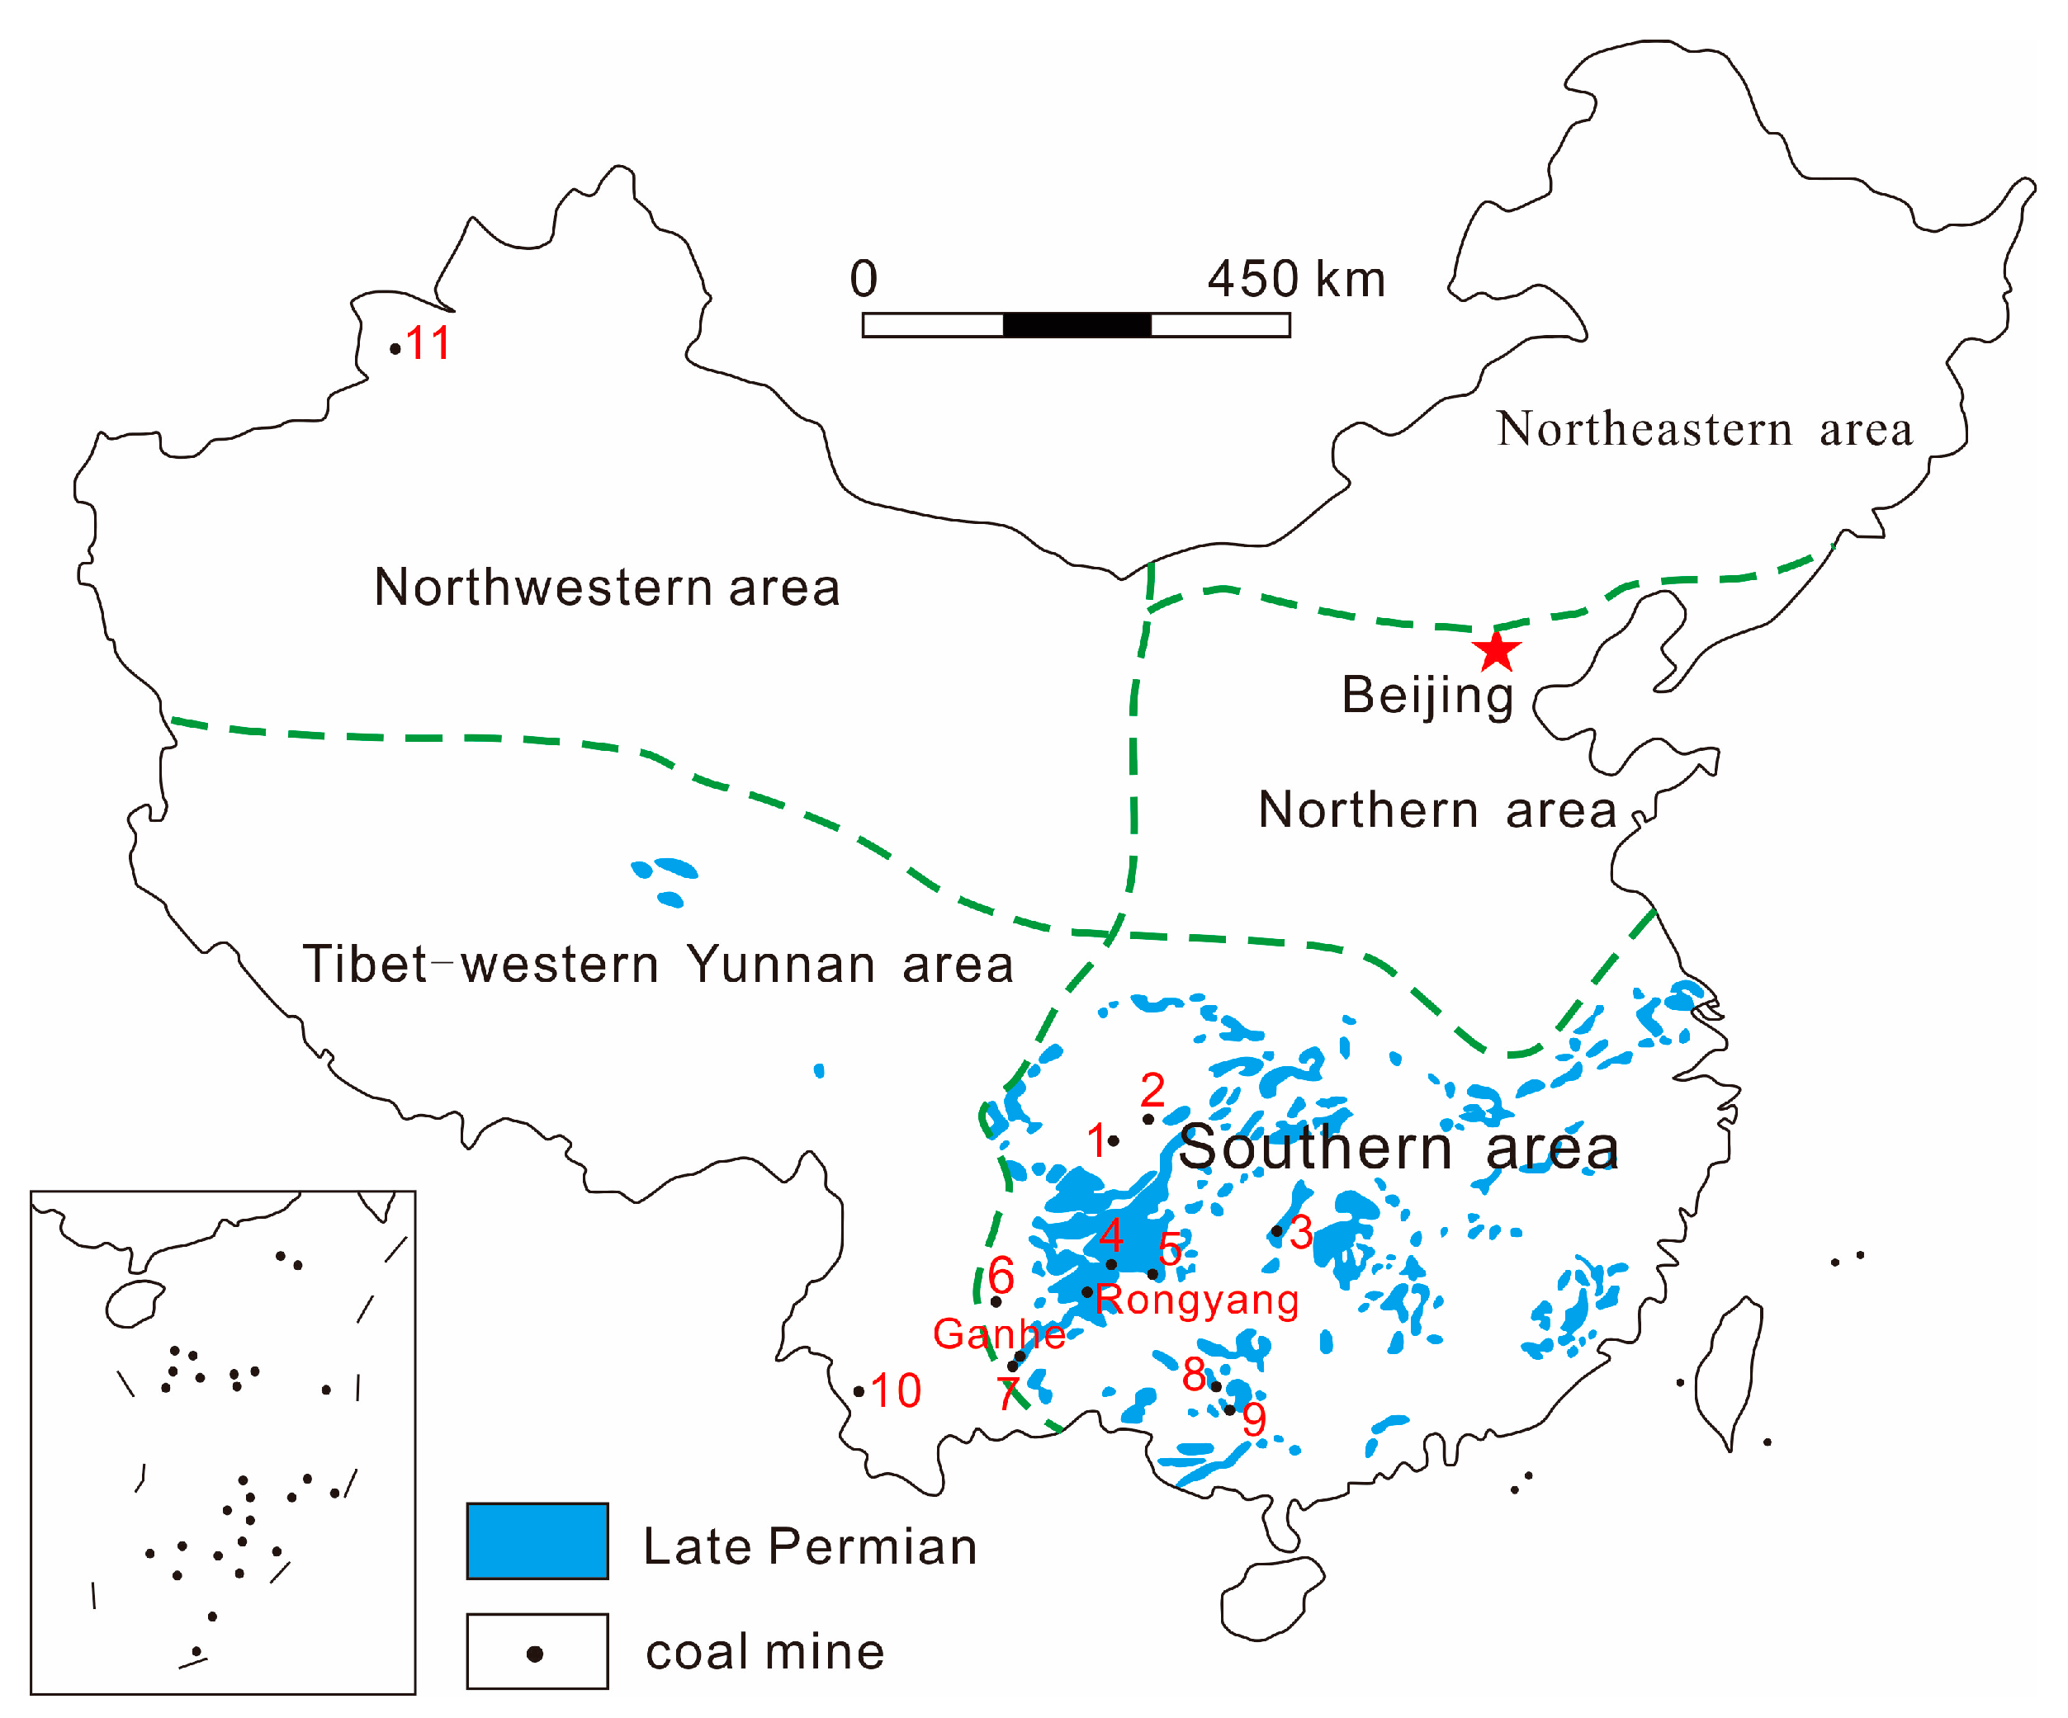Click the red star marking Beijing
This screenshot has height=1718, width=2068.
[1496, 652]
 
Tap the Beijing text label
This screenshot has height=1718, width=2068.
[1427, 695]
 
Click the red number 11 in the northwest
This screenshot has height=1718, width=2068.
[428, 343]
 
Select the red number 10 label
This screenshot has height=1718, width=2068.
[895, 1390]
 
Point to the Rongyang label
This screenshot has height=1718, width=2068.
[1196, 1300]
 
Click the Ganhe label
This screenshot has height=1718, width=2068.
[999, 1334]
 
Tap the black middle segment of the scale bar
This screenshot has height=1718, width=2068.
[1077, 325]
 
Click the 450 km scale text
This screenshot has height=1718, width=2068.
[1296, 280]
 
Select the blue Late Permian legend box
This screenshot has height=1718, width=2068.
[537, 1541]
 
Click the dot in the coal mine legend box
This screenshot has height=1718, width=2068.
[535, 1654]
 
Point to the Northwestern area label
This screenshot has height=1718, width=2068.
[607, 588]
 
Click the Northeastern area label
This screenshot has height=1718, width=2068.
[1704, 429]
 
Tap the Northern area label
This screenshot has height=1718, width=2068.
[1438, 810]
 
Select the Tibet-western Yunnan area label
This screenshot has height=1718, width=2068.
[658, 964]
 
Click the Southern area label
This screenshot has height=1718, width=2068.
[1398, 1148]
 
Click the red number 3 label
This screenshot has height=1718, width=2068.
[1301, 1233]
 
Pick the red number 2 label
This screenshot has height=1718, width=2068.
[1152, 1090]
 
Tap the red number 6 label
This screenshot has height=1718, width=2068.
[1001, 1275]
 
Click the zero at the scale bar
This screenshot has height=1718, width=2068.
[864, 280]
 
